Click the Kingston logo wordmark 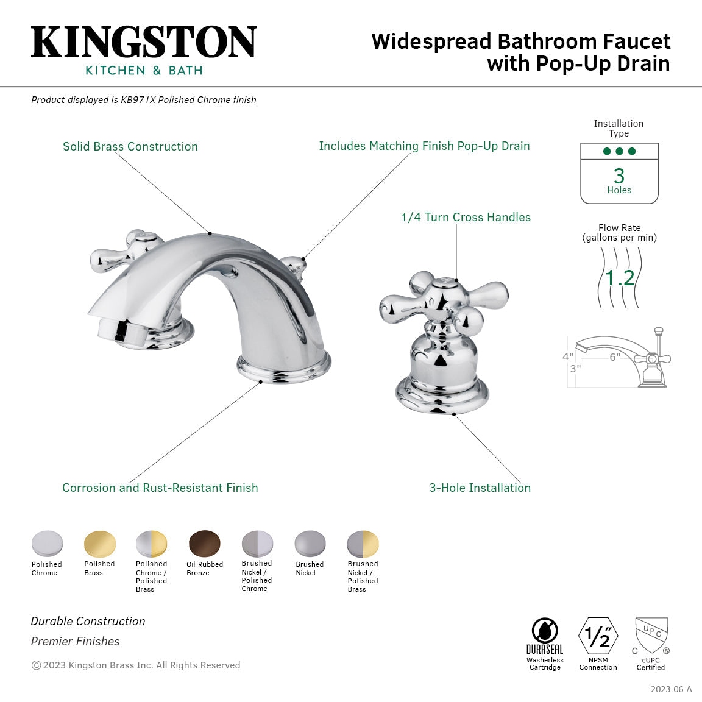point(144,42)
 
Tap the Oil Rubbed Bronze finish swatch point(205,543)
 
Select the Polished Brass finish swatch point(99,543)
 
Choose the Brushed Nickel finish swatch point(310,543)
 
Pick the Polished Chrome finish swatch point(47,543)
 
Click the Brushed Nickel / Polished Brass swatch point(363,543)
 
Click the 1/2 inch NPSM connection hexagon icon point(598,637)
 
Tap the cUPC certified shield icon point(651,636)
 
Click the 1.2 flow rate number point(620,278)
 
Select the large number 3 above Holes point(619,175)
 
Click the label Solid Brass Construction point(130,146)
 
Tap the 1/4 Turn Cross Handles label point(466,217)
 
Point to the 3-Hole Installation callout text point(480,487)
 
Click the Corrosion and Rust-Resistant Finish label point(160,487)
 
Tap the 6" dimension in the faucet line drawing point(615,357)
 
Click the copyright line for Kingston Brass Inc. point(136,665)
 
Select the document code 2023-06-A point(671,689)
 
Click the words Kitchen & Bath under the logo point(144,70)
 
